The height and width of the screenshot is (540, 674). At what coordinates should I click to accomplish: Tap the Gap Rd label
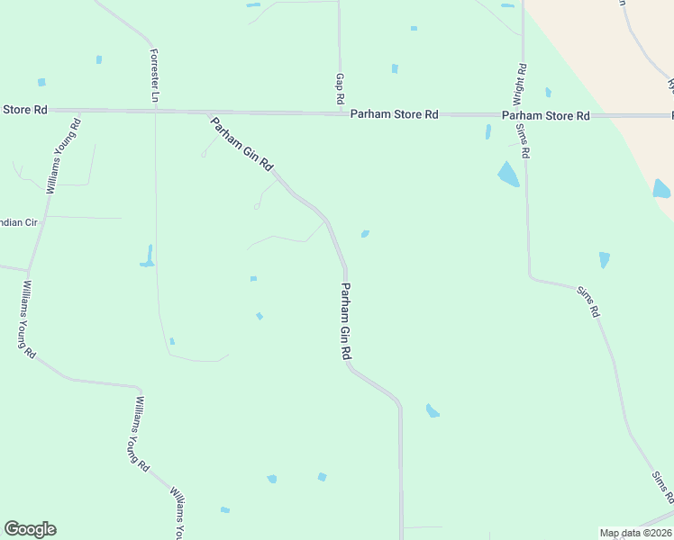[x=341, y=88]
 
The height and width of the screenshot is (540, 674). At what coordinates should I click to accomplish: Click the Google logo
[x=30, y=529]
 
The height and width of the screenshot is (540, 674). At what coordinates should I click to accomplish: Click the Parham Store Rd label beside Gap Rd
[x=394, y=114]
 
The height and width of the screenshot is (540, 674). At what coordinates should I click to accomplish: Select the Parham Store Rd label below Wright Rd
[x=545, y=115]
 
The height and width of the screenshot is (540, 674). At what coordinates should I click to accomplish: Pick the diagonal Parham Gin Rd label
[x=241, y=144]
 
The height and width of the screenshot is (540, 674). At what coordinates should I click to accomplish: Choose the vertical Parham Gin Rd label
[x=345, y=321]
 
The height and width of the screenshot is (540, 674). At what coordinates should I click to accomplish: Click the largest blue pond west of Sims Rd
[x=508, y=174]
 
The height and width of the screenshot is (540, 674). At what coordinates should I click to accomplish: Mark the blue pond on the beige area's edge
[x=661, y=189]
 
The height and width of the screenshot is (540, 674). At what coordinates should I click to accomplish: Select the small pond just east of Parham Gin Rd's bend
[x=365, y=234]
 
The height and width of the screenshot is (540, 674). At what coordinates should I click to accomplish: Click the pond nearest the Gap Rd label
[x=395, y=68]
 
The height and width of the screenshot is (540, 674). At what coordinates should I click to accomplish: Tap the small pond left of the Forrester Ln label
[x=99, y=59]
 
